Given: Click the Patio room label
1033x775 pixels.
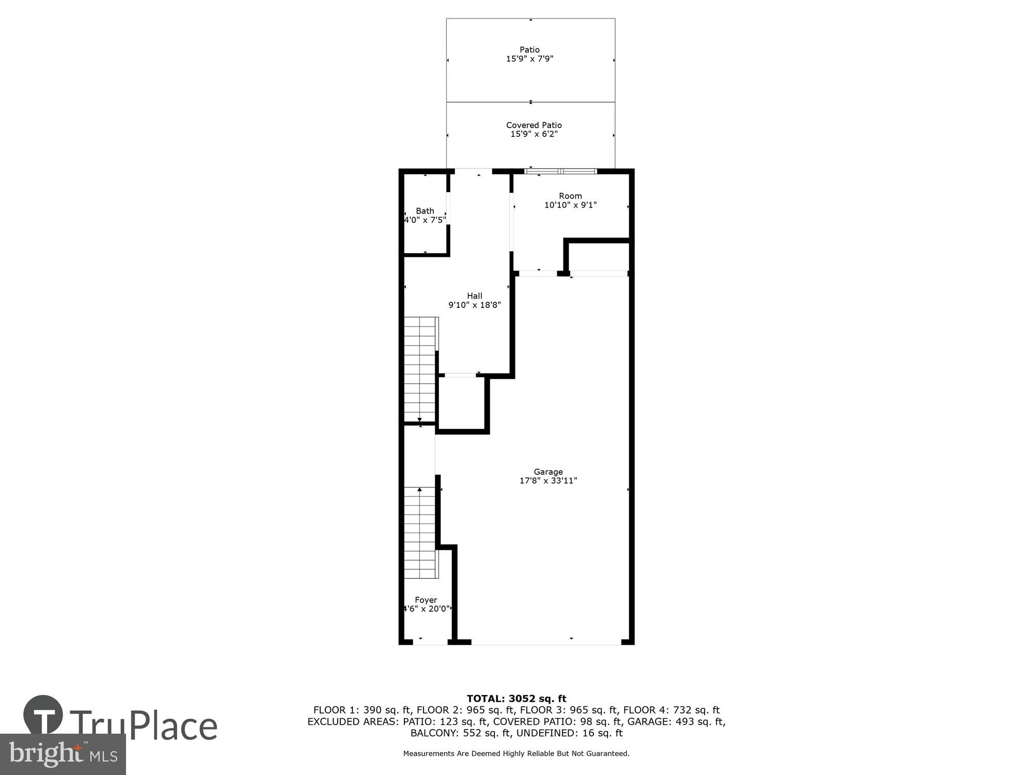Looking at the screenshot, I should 529,50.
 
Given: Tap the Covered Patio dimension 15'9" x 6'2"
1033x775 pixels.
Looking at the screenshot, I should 534,134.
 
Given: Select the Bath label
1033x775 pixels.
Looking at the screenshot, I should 425,211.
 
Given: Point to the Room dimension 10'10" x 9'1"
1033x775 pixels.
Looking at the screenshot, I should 570,205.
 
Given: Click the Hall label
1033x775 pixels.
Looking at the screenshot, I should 474,296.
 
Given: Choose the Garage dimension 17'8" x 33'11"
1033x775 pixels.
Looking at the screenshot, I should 548,481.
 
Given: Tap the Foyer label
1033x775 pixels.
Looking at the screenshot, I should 426,600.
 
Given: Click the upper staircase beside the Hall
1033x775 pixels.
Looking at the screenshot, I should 420,369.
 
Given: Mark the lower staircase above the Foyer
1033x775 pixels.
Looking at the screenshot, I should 420,532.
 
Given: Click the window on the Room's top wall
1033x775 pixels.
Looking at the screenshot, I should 560,171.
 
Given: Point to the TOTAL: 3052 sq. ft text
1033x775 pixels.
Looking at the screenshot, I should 516,699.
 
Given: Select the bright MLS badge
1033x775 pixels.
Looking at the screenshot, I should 62,754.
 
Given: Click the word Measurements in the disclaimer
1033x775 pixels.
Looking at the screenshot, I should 428,753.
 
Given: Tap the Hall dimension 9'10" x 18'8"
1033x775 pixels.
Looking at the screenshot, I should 474,305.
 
